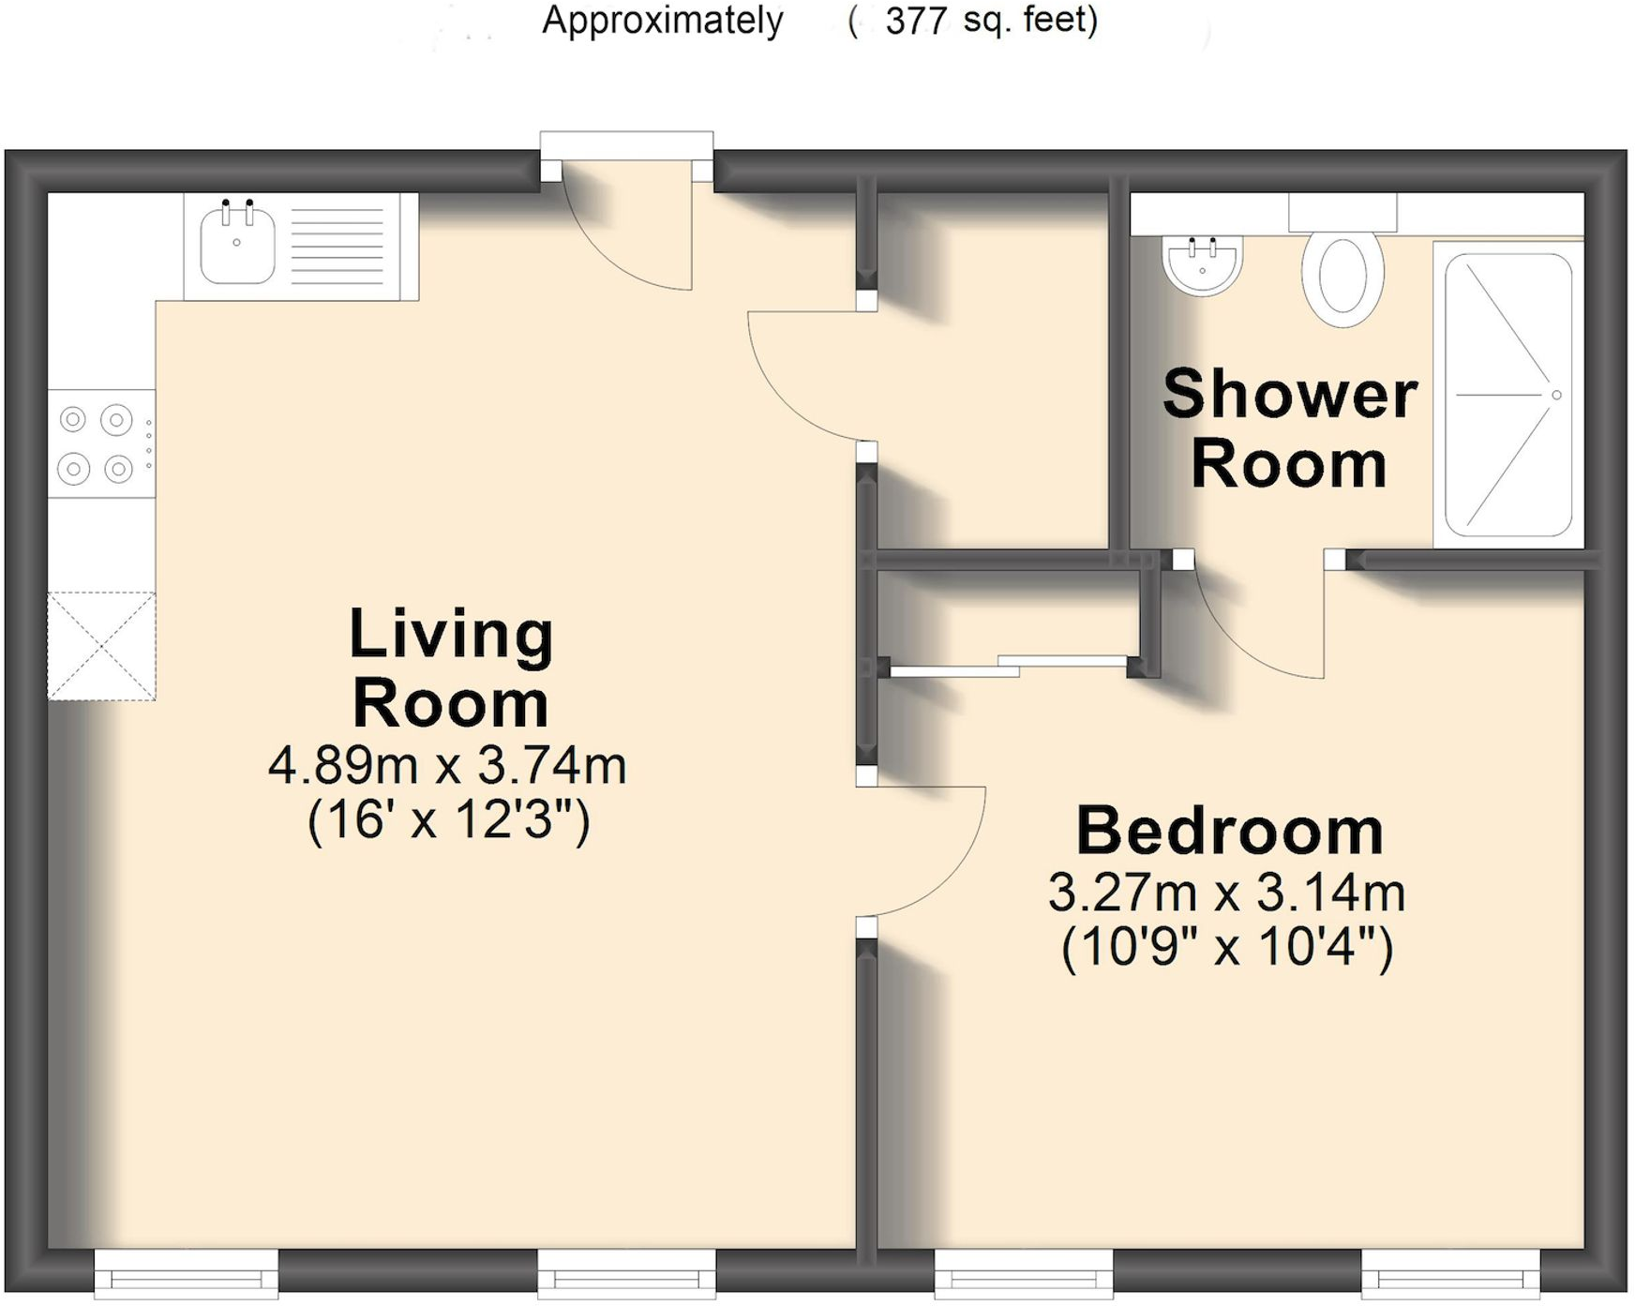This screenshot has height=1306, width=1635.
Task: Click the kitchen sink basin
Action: pyautogui.click(x=237, y=247)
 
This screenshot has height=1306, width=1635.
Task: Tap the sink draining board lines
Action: pyautogui.click(x=337, y=246)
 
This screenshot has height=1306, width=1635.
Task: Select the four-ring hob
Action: pyautogui.click(x=97, y=443)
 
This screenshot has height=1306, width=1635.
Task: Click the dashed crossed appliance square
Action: pyautogui.click(x=101, y=646)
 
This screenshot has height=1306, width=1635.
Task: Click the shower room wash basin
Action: pyautogui.click(x=1202, y=265)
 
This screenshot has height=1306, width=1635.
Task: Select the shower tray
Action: pyautogui.click(x=1507, y=395)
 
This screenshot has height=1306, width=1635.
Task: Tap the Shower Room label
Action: pyautogui.click(x=1289, y=428)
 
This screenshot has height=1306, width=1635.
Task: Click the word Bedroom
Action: pyautogui.click(x=1229, y=831)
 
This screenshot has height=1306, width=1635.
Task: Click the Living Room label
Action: pyautogui.click(x=451, y=668)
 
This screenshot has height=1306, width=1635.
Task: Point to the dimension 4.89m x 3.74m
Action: pyautogui.click(x=447, y=766)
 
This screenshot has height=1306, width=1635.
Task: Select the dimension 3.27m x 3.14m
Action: pyautogui.click(x=1226, y=893)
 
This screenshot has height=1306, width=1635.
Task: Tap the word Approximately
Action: pyautogui.click(x=662, y=20)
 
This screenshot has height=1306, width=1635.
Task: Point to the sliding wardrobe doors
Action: pyautogui.click(x=1008, y=667)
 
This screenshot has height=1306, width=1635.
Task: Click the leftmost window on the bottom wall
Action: pyautogui.click(x=186, y=1275)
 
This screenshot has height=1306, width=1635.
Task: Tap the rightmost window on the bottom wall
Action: pyautogui.click(x=1450, y=1275)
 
